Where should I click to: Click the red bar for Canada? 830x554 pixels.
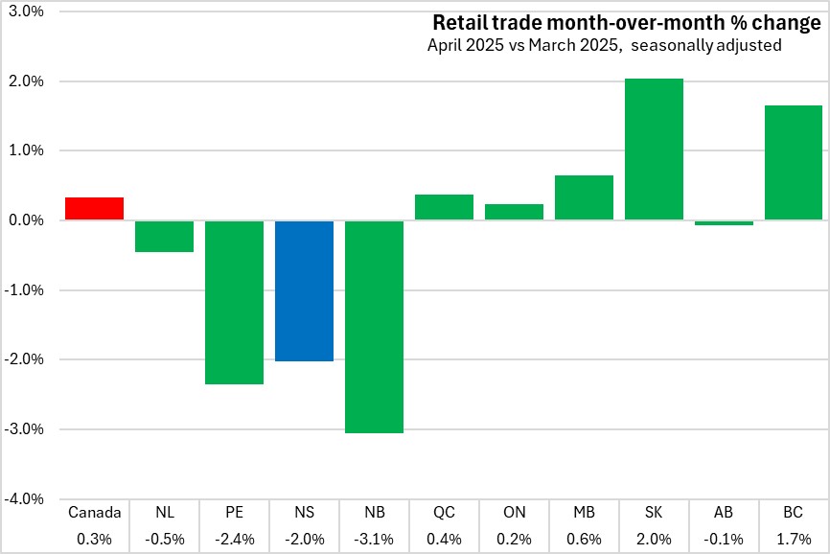point(94,209)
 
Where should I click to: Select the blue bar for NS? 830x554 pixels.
point(304,290)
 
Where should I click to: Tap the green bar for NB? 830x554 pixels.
point(374,327)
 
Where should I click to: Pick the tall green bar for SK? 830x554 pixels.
point(654,150)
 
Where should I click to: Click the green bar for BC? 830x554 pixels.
point(794,163)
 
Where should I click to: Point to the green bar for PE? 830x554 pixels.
point(234,302)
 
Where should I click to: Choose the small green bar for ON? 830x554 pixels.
point(514,212)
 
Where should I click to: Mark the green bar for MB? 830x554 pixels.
point(584,197)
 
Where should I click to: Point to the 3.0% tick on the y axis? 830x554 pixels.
point(26,12)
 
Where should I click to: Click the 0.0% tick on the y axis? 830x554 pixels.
point(26,220)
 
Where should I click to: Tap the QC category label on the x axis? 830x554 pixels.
point(444,512)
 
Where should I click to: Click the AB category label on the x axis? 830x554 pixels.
point(724,512)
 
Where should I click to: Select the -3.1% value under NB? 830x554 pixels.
point(374,538)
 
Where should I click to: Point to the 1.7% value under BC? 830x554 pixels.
point(794,538)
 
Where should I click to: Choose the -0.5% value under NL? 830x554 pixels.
point(164,538)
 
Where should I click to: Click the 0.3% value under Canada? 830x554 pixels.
point(94,538)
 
